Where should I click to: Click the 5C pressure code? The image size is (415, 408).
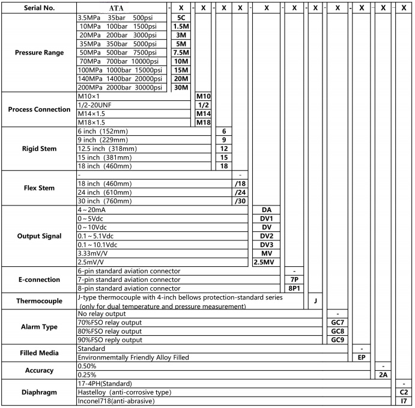tap(181, 18)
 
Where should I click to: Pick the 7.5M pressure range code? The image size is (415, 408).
tap(181, 52)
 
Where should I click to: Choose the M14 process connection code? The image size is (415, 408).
tap(204, 114)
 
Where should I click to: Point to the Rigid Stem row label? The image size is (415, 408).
tap(39, 148)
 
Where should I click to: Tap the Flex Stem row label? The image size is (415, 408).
tap(39, 188)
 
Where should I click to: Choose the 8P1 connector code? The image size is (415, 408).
tap(294, 288)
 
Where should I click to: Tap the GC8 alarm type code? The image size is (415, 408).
tap(337, 331)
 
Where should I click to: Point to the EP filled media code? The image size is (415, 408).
tap(361, 357)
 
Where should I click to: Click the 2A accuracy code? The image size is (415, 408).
tap(383, 374)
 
